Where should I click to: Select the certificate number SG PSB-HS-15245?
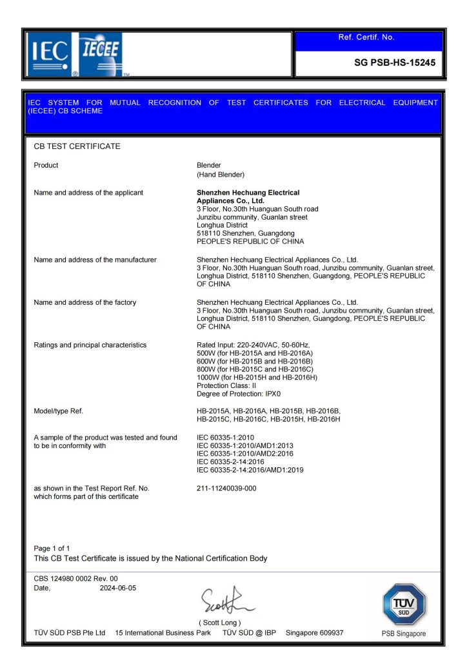point(395,63)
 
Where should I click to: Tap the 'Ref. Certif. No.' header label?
point(366,37)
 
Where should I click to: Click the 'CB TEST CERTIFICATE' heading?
point(77,146)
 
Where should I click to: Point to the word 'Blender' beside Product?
point(208,166)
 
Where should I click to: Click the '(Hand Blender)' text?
point(220,175)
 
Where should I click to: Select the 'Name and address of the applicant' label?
point(88,193)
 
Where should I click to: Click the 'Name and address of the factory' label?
point(84,302)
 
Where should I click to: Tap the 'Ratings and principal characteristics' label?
point(90,345)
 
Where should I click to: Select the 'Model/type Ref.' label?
point(58,411)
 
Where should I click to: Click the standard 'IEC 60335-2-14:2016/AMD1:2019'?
point(250,470)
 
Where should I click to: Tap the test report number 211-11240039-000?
point(226,489)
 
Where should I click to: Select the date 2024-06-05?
point(118,588)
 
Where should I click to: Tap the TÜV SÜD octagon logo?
point(404,605)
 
